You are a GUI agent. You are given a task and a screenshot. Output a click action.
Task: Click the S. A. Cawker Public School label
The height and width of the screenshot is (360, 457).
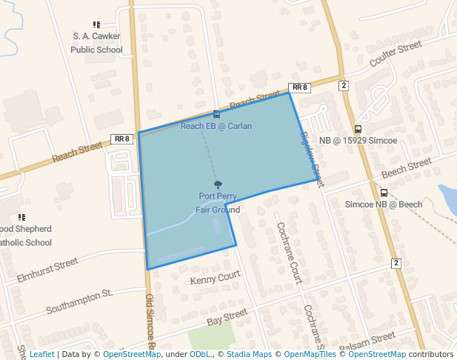pyautogui.click(x=96, y=42)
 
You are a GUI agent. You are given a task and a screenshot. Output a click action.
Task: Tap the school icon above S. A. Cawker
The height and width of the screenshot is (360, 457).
pyautogui.click(x=96, y=24)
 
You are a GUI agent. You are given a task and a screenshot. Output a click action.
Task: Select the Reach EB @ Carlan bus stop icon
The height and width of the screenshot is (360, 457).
pyautogui.click(x=216, y=115)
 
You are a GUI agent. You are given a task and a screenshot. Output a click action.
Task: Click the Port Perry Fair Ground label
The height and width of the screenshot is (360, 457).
pyautogui.click(x=218, y=203)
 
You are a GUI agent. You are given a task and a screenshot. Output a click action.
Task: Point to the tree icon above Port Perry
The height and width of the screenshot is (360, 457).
pyautogui.click(x=218, y=184)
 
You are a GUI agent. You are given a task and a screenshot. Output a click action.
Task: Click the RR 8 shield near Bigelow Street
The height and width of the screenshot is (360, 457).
pyautogui.click(x=299, y=87)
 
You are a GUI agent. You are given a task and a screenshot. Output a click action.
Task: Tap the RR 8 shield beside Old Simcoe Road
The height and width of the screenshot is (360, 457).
pyautogui.click(x=122, y=139)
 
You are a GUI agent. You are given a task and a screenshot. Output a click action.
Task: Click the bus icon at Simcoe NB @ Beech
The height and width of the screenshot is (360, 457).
pyautogui.click(x=384, y=193)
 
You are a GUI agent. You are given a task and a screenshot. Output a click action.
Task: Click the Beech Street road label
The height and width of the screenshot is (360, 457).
pyautogui.click(x=406, y=168)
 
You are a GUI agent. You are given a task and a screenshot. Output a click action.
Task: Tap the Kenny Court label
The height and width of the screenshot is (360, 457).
pyautogui.click(x=216, y=279)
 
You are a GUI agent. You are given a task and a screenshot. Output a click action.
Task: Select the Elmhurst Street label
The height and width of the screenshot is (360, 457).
pyautogui.click(x=47, y=271)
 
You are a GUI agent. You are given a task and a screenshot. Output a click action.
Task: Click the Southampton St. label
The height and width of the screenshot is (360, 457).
pyautogui.click(x=79, y=301)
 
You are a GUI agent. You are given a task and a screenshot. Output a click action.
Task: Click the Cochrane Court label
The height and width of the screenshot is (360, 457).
pyautogui.click(x=289, y=253)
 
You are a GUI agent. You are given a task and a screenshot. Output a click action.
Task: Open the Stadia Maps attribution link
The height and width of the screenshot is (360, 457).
pyautogui.click(x=249, y=354)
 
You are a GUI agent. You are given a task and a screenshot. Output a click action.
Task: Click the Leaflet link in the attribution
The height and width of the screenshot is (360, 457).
pyautogui.click(x=41, y=354)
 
